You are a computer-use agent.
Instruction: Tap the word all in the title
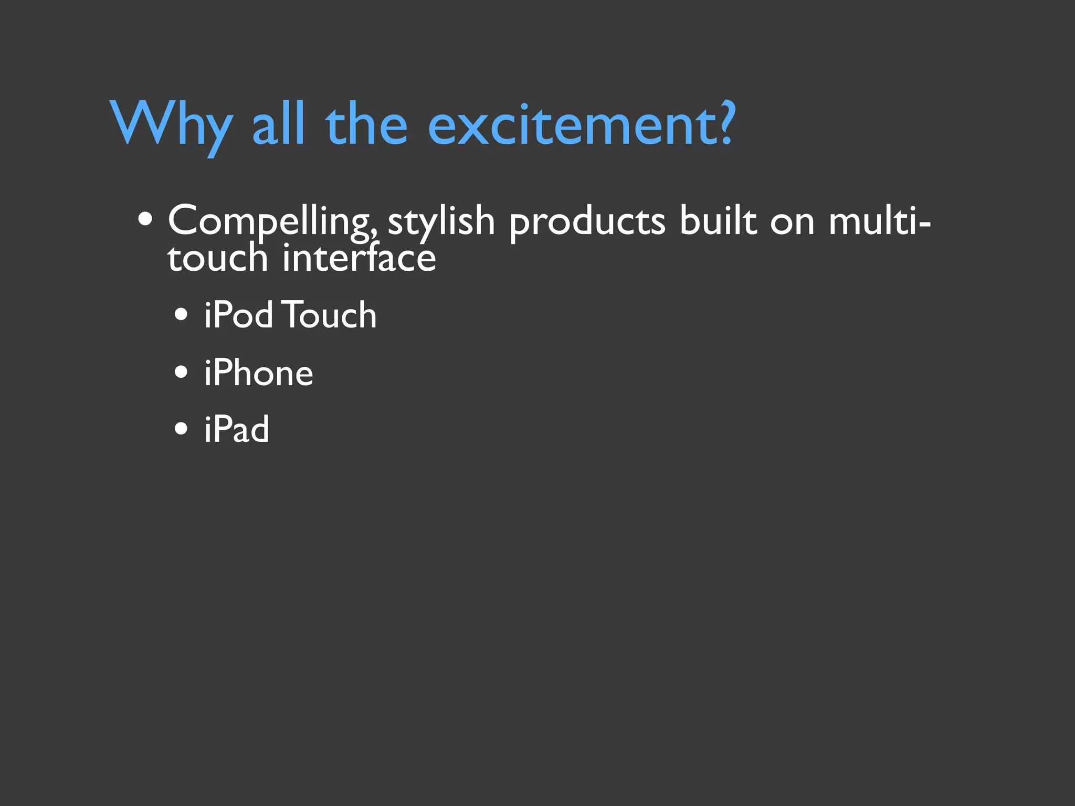(x=278, y=124)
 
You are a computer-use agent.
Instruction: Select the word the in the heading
(x=366, y=124)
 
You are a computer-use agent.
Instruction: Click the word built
(x=718, y=220)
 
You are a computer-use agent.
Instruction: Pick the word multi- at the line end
(x=879, y=220)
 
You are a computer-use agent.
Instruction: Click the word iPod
(x=239, y=315)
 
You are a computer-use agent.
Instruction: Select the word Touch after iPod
(x=330, y=315)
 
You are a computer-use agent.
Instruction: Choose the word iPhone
(x=259, y=373)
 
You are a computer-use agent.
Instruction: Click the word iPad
(x=237, y=429)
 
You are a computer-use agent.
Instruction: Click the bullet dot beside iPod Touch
(x=181, y=315)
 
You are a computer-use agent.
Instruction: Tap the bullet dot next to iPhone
(x=181, y=373)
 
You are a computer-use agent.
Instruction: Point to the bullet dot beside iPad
(x=181, y=429)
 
